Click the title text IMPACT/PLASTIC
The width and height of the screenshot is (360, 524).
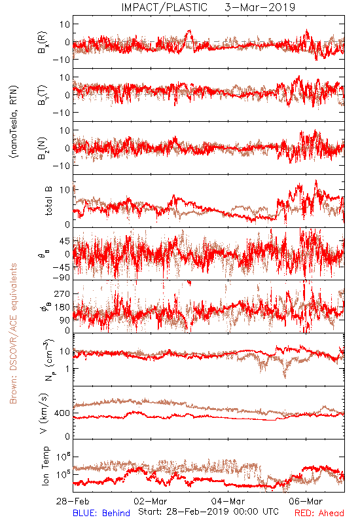point(164,7)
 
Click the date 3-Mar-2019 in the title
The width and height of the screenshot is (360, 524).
point(260,7)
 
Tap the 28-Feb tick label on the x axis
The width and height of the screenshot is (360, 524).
point(73,501)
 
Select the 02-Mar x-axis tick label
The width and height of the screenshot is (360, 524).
point(151,501)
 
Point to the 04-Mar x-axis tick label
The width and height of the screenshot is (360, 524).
point(228,501)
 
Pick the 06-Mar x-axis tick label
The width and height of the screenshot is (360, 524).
point(306,501)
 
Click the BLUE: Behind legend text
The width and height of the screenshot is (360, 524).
point(101,513)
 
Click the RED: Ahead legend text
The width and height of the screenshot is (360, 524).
point(319,513)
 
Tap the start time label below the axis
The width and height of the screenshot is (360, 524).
point(208,512)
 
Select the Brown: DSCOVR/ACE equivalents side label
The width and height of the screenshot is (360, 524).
point(13,333)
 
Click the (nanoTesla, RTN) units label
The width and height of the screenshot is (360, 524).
point(14,122)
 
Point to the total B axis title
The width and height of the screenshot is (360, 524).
point(48,201)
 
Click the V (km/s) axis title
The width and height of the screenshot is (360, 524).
point(44,413)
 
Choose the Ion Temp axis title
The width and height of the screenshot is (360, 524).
point(45,466)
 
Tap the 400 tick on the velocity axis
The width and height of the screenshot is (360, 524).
point(62,413)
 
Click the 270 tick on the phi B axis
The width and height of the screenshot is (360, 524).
point(62,293)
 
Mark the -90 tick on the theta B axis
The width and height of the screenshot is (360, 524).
point(61,277)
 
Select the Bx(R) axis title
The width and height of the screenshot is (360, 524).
point(43,42)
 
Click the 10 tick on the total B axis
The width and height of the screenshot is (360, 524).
point(65,190)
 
